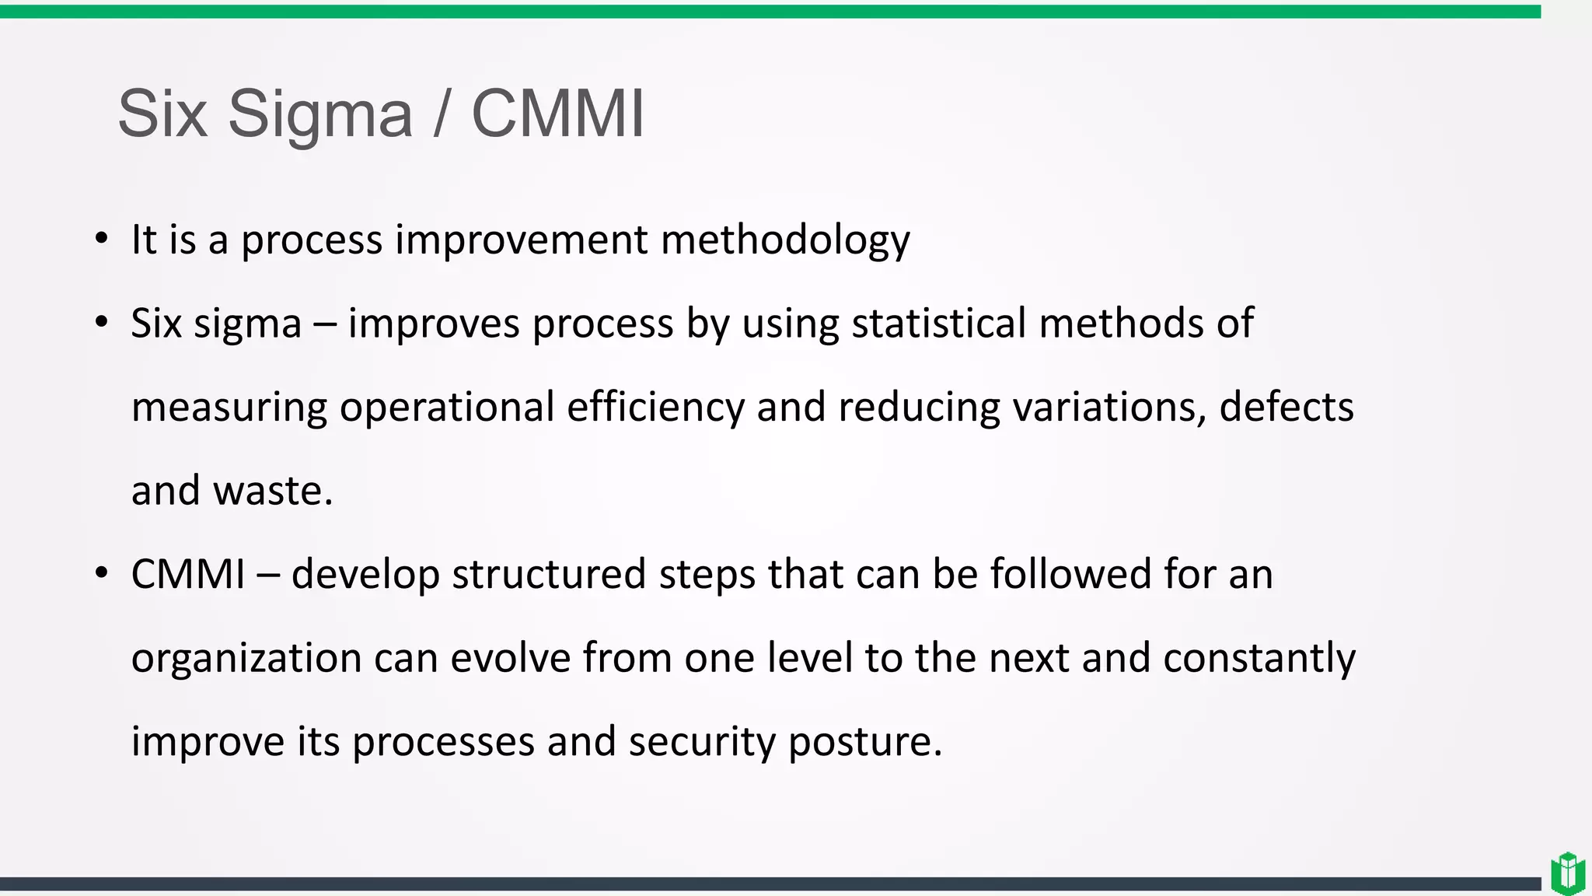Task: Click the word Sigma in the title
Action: pyautogui.click(x=319, y=114)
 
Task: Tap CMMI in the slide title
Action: pyautogui.click(x=557, y=114)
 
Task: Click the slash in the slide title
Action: pyautogui.click(x=442, y=114)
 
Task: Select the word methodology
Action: pyautogui.click(x=785, y=240)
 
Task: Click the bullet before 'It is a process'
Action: pyautogui.click(x=101, y=239)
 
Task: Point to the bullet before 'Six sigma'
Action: pyautogui.click(x=101, y=323)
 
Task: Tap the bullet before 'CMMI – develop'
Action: pyautogui.click(x=101, y=574)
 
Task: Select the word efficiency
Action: pyautogui.click(x=655, y=407)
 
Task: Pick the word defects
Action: pyautogui.click(x=1286, y=407)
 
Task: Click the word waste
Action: pyautogui.click(x=272, y=491)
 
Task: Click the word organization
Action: pyautogui.click(x=246, y=658)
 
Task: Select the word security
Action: pyautogui.click(x=702, y=741)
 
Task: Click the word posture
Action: pyautogui.click(x=865, y=741)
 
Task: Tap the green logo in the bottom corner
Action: pyautogui.click(x=1568, y=873)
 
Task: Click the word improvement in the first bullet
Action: pyautogui.click(x=521, y=240)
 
